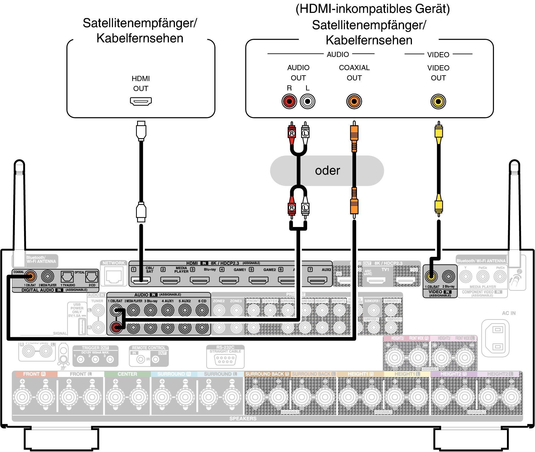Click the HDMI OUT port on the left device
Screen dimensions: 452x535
tap(141, 101)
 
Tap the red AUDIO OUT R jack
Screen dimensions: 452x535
tap(289, 101)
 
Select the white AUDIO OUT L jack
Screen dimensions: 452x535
tap(307, 101)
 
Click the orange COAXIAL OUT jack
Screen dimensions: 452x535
tap(354, 101)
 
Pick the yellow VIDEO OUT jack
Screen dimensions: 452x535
tap(438, 101)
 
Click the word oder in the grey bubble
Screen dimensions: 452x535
tap(327, 171)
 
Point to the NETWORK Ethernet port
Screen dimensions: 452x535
tap(114, 276)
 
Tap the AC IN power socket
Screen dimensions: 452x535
tap(498, 338)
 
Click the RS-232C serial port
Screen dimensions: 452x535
tap(225, 360)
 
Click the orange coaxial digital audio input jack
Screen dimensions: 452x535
tap(30, 276)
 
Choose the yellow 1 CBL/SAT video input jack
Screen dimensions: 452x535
tap(431, 276)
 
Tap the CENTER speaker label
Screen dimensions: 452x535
tap(127, 374)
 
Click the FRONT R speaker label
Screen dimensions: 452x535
tap(34, 374)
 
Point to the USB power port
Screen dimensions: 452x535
tap(82, 326)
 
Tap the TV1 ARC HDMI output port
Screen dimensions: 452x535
tap(376, 281)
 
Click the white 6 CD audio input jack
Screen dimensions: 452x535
tap(202, 310)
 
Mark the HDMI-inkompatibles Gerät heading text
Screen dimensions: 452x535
tap(372, 9)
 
